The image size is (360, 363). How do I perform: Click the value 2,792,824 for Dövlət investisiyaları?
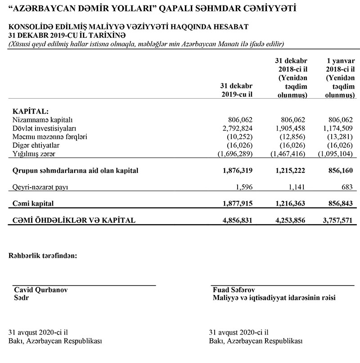(237, 128)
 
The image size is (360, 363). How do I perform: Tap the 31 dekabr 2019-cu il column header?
(236, 90)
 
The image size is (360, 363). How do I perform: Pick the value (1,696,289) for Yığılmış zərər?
(234, 154)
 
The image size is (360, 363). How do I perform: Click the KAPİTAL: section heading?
(31, 111)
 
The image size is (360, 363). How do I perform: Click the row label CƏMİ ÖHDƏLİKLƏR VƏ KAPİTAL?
(75, 221)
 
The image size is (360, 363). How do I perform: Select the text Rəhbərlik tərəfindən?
(43, 256)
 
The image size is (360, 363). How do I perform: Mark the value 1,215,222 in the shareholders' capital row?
(287, 171)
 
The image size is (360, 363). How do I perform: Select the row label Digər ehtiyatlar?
(36, 145)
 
